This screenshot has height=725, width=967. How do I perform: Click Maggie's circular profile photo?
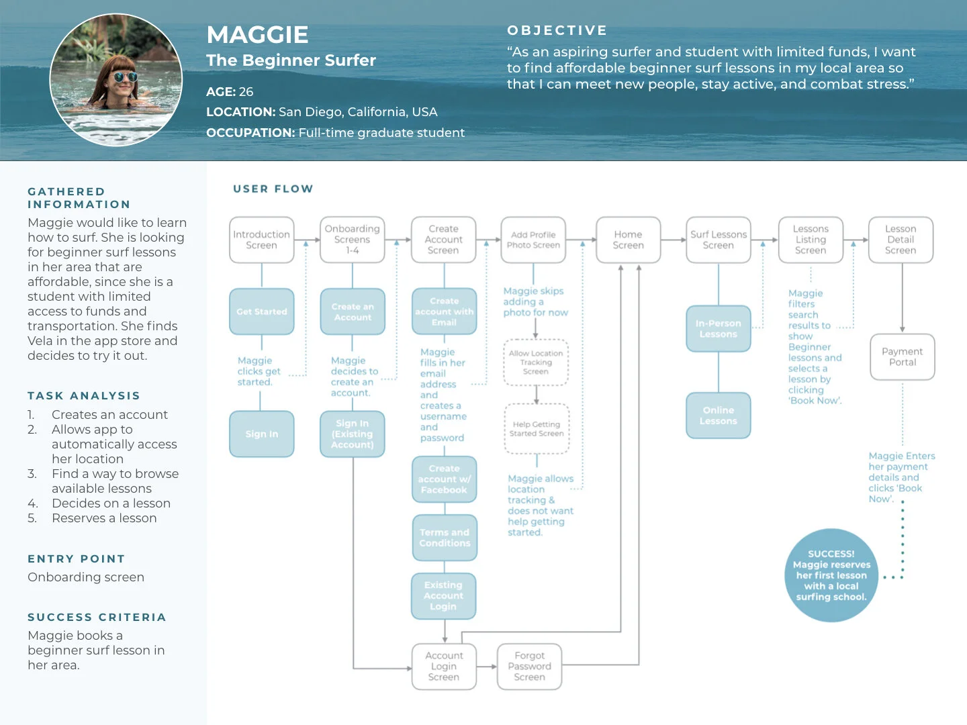click(116, 80)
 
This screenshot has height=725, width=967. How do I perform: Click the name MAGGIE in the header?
click(257, 35)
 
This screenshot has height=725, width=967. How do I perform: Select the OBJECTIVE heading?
click(557, 30)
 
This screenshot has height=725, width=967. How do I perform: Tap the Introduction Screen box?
click(262, 240)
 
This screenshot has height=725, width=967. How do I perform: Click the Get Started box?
click(262, 311)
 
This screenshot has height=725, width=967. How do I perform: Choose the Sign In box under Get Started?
click(262, 434)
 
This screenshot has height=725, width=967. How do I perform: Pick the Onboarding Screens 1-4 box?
click(353, 240)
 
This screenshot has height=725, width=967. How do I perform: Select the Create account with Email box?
click(444, 311)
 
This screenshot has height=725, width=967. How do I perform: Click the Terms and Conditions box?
click(445, 538)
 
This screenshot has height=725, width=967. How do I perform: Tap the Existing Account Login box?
click(443, 595)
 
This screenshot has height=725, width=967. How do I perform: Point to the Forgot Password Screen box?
click(529, 666)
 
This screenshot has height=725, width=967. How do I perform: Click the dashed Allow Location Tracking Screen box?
click(536, 362)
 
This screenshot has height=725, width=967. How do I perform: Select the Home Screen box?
click(628, 240)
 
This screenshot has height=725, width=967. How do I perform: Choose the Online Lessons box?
click(719, 416)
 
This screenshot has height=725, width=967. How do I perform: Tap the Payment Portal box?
click(903, 356)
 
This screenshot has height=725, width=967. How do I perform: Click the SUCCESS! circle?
click(831, 575)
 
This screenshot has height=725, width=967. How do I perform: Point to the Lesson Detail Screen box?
click(901, 240)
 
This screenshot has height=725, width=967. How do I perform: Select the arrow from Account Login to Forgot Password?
click(487, 667)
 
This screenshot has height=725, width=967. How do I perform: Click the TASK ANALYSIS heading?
click(84, 396)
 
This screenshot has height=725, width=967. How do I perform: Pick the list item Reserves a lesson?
click(104, 518)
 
